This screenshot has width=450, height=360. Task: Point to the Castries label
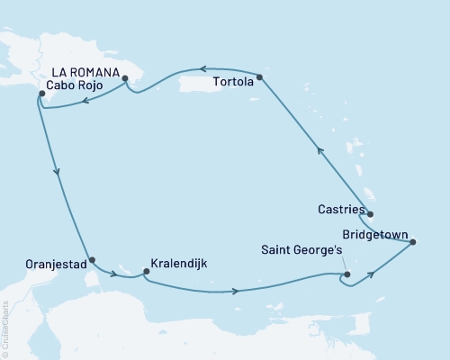pyautogui.click(x=341, y=210)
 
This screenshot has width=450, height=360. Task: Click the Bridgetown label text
pyautogui.click(x=378, y=228)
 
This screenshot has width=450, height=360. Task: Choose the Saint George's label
pyautogui.click(x=300, y=251)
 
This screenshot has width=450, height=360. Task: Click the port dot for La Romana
pyautogui.click(x=125, y=78)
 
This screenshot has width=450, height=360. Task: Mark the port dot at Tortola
pyautogui.click(x=260, y=77)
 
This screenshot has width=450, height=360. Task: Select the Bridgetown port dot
pyautogui.click(x=413, y=241)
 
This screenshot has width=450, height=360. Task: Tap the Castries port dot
pyautogui.click(x=370, y=214)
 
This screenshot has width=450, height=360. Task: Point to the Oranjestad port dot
pyautogui.click(x=92, y=259)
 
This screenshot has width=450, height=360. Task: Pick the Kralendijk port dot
pyautogui.click(x=147, y=269)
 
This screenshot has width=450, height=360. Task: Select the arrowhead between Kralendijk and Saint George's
pyautogui.click(x=236, y=291)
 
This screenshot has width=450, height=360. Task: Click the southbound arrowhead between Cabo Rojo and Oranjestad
pyautogui.click(x=58, y=175)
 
